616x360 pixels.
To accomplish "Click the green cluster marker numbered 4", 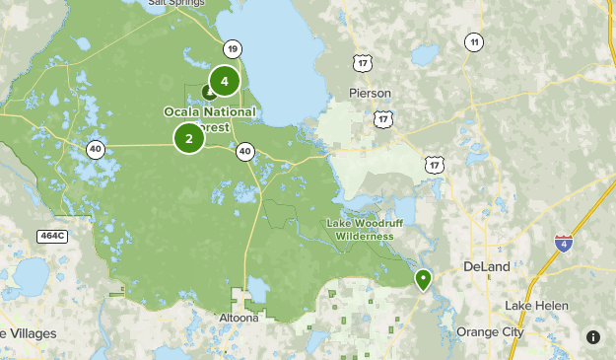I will click(x=225, y=81).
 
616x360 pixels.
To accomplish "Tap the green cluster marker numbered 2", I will click(x=189, y=138).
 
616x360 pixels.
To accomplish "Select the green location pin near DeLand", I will click(x=424, y=280).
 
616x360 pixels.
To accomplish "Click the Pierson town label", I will click(x=370, y=94).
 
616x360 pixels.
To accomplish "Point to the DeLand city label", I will click(x=487, y=267).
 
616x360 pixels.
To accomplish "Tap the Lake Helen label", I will click(x=536, y=306).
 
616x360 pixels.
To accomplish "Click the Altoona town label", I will click(x=238, y=319).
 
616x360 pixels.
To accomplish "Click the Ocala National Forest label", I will click(x=209, y=118).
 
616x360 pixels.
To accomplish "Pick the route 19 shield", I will click(x=232, y=48).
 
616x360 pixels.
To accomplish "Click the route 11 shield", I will click(x=475, y=41).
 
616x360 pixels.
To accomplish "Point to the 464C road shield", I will click(x=52, y=236).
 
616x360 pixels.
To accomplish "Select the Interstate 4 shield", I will click(x=563, y=243).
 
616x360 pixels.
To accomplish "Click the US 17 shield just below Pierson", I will click(x=382, y=118).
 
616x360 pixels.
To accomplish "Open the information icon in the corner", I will click(x=593, y=337).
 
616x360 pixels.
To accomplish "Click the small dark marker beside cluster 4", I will click(x=208, y=92).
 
